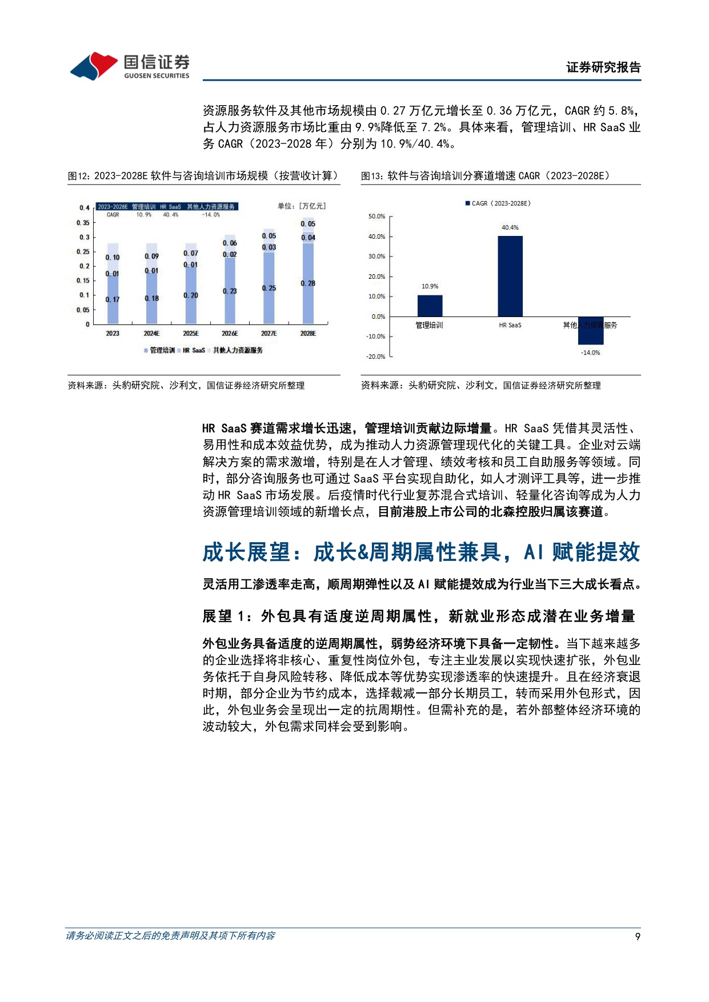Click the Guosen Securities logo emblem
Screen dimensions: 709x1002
(94, 66)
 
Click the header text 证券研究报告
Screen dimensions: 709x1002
(603, 67)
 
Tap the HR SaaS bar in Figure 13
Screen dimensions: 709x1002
(510, 276)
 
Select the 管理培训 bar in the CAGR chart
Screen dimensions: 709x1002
(430, 306)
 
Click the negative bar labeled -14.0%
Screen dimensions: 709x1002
(590, 331)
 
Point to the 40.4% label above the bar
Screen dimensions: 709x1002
(510, 227)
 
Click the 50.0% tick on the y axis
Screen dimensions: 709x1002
(376, 217)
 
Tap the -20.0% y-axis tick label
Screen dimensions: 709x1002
(375, 356)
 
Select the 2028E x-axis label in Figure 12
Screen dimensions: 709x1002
(308, 334)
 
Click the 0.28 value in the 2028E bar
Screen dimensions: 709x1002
(308, 283)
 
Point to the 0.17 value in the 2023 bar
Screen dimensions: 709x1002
(113, 299)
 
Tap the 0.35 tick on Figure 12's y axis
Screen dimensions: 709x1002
(83, 223)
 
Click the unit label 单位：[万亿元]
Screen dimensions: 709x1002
(301, 206)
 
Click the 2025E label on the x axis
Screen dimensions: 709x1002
(191, 334)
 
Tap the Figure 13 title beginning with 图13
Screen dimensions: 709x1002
(485, 176)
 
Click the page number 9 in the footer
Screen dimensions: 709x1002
(638, 936)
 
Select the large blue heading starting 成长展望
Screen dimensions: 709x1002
(421, 552)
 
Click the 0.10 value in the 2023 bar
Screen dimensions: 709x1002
(113, 258)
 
